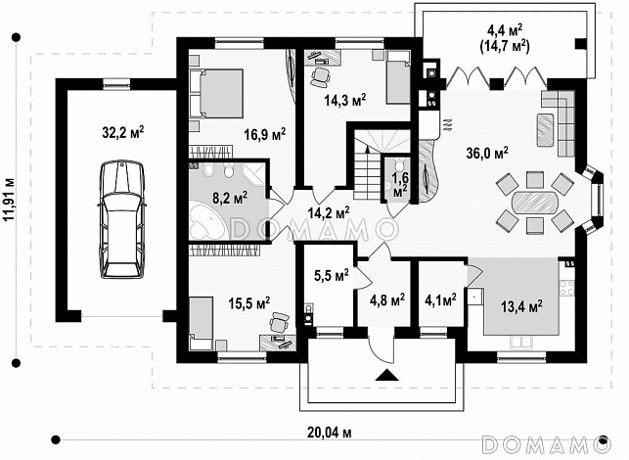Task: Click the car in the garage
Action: (x=122, y=219)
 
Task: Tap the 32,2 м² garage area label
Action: (x=123, y=132)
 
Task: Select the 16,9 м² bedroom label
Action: (x=265, y=133)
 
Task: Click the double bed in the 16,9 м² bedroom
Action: (x=216, y=94)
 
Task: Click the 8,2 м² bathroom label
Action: (x=230, y=198)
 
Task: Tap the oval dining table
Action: (x=535, y=201)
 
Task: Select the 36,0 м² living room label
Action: (x=487, y=153)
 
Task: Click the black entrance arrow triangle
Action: (x=387, y=375)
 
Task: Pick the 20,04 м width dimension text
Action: (x=330, y=433)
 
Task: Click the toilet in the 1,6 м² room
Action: (x=398, y=164)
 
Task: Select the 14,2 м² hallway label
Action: (x=329, y=212)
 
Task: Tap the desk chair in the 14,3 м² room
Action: (x=320, y=77)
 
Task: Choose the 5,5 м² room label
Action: (x=331, y=275)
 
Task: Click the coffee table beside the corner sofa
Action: (x=545, y=129)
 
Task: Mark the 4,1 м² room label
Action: (x=440, y=299)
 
